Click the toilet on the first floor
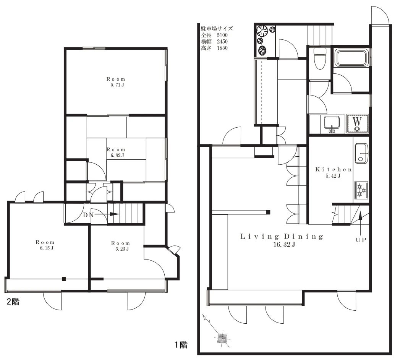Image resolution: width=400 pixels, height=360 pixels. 320,58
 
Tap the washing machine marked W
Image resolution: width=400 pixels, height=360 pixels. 357,124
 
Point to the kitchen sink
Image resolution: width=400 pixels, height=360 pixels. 361,153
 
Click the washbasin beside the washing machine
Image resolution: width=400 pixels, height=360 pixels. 332,124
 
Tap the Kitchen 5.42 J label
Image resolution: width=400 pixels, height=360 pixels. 334,172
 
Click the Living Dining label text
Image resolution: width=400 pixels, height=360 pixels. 282,237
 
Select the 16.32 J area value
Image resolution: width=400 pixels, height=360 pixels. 284,245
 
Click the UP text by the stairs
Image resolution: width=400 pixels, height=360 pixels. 361,240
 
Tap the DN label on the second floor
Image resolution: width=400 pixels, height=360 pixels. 88,215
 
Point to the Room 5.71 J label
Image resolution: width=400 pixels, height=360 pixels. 116,82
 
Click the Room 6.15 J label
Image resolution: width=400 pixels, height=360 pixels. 45,245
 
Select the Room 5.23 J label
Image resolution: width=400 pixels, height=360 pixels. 121,246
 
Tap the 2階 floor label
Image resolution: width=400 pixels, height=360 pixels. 13,302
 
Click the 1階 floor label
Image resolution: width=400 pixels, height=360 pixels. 181,345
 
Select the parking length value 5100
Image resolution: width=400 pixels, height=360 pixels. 222,35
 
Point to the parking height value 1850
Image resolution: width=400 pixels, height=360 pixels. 222,48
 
